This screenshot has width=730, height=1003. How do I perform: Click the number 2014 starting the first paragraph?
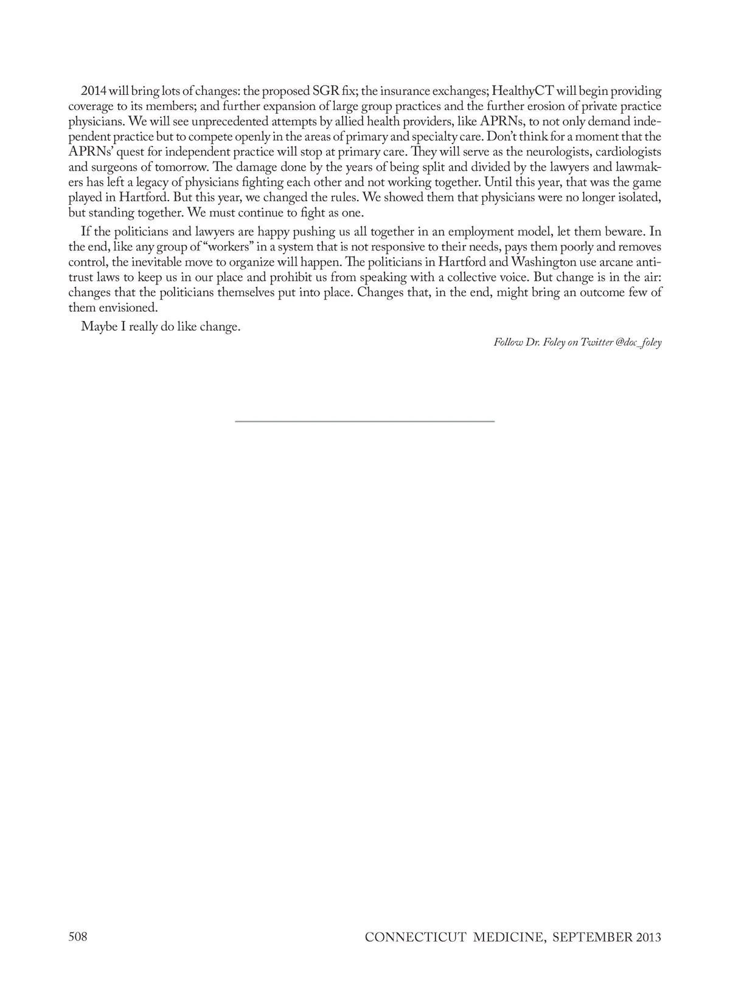94,92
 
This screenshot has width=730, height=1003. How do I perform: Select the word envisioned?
128,308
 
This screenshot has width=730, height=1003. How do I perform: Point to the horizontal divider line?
365,421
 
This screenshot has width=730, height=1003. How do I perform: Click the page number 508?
78,937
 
